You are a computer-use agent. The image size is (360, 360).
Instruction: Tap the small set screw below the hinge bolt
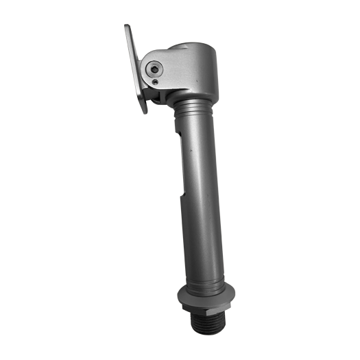point(156,82)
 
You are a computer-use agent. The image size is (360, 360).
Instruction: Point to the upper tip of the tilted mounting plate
point(128,27)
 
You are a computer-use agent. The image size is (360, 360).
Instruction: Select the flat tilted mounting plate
point(135,69)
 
